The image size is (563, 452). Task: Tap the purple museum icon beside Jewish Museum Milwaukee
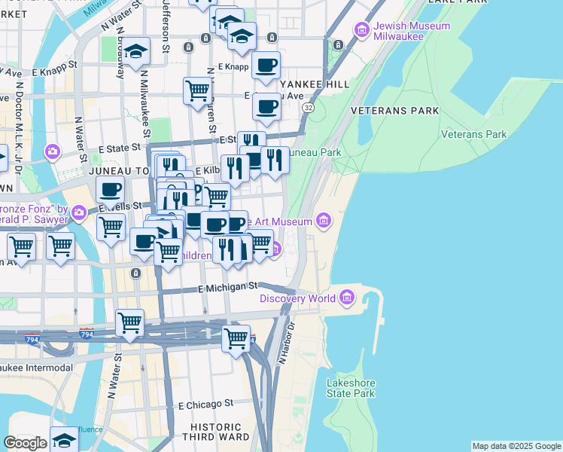point(362,31)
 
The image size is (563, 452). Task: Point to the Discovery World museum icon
point(347,298)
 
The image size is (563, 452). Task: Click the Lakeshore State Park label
point(350,388)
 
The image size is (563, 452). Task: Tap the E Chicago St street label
point(206,405)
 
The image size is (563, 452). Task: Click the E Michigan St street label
point(227,287)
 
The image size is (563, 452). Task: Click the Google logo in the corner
point(25,443)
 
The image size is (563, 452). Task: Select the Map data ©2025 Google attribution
point(516,446)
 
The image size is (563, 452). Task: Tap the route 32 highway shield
point(309,108)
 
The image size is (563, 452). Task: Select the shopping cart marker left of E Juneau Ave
point(197,90)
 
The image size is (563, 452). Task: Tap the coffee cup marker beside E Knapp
point(266,66)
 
